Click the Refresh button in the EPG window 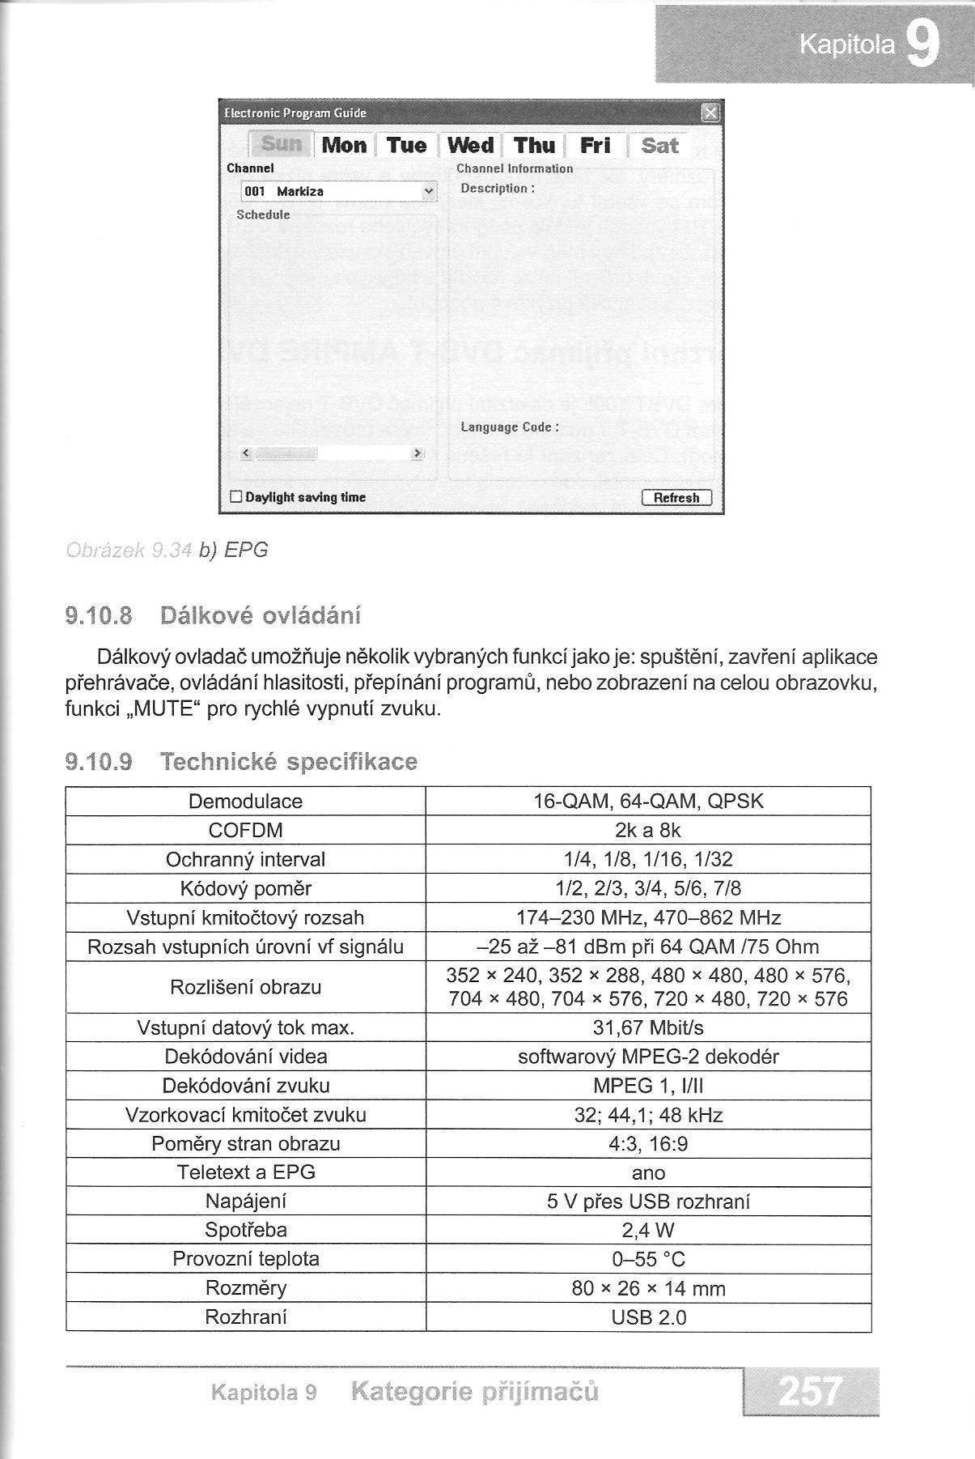[x=676, y=498]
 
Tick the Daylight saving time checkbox [x=236, y=497]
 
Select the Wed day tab [x=470, y=146]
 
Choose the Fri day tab [x=596, y=146]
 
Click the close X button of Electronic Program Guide [x=710, y=113]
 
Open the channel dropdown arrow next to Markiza [x=428, y=191]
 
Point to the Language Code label [x=509, y=427]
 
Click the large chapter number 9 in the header [x=923, y=45]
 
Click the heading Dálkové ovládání [x=261, y=616]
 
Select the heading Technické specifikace [x=288, y=762]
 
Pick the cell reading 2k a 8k [x=648, y=831]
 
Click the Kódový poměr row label [x=245, y=889]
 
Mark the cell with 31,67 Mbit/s [x=648, y=1028]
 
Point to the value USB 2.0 [x=648, y=1317]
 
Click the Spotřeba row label [x=245, y=1231]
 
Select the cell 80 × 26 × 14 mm [x=648, y=1288]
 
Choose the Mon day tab [x=344, y=146]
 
